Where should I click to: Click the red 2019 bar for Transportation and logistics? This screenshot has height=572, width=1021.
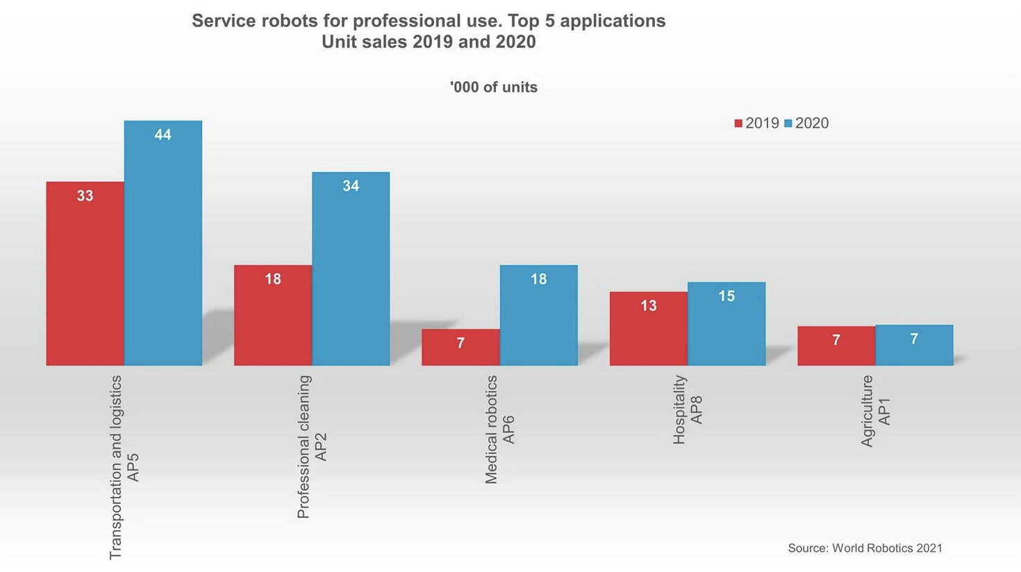tap(85, 274)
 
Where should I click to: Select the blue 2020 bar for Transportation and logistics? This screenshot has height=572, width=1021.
tap(163, 243)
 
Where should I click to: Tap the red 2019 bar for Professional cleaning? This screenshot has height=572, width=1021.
tap(273, 315)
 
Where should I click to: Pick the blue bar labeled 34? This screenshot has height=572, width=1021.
tap(351, 269)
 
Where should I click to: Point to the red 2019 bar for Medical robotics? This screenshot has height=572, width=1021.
tap(460, 347)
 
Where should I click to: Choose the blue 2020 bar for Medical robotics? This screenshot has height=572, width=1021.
tap(538, 315)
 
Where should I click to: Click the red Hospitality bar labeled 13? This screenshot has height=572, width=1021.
tap(649, 328)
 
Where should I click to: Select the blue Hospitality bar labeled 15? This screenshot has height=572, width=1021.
tap(727, 323)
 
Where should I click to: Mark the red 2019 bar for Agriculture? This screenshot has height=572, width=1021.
tap(836, 346)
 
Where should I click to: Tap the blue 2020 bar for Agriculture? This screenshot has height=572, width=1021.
tap(914, 345)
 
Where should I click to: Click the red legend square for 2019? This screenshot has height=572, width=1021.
tap(738, 124)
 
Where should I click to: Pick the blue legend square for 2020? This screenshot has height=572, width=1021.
tap(788, 124)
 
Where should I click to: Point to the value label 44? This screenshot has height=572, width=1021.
tap(163, 135)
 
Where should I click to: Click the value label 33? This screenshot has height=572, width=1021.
tap(85, 196)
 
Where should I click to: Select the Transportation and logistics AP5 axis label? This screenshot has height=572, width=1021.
tap(124, 467)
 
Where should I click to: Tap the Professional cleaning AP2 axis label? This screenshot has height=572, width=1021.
tap(312, 447)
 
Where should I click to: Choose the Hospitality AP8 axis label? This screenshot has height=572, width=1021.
tap(688, 410)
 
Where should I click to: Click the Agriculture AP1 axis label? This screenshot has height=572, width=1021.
tap(875, 410)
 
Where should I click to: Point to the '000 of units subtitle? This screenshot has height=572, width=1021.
tap(493, 87)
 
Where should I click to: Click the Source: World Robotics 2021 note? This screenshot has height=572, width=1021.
tap(865, 548)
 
